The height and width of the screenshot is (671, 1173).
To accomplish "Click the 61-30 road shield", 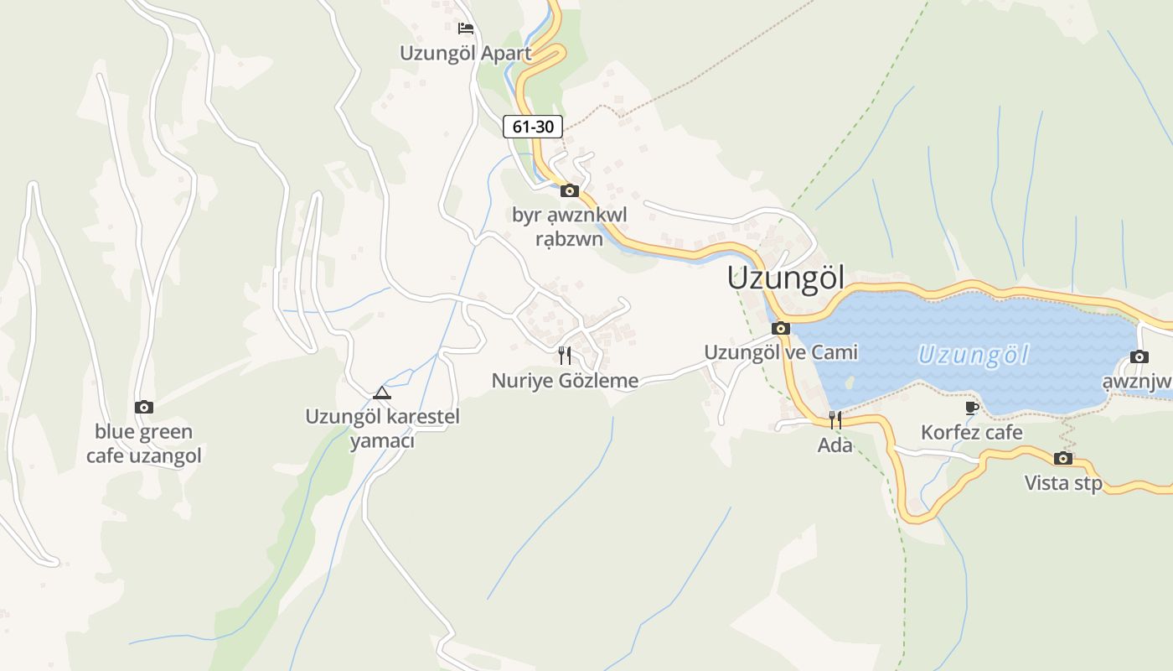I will [533, 127].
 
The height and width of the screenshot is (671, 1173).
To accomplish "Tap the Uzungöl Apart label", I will [465, 53].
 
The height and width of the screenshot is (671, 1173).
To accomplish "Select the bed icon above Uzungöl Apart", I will [466, 29].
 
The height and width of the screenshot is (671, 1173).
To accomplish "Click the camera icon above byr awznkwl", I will [570, 190].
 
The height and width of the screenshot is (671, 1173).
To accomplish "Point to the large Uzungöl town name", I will [786, 278].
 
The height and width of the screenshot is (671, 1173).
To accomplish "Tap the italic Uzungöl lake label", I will [973, 355].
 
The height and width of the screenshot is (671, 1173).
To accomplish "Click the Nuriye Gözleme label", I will [565, 381].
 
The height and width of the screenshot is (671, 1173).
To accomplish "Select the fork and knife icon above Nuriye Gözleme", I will [565, 356].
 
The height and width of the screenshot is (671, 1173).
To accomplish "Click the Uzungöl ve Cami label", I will [781, 352].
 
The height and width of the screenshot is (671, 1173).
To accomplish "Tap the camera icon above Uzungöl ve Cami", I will [781, 328].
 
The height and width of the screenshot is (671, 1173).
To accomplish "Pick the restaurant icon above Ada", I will [835, 420].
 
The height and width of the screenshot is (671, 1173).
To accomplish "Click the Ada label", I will [835, 445].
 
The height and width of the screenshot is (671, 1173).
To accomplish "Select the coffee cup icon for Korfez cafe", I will [972, 408].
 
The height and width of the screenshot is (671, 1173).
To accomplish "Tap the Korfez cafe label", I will [972, 433].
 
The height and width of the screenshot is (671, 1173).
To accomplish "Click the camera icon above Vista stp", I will [1063, 458].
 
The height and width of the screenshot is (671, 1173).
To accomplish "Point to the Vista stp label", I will [1063, 483].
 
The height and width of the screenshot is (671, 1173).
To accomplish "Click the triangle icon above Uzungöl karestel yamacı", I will [382, 392].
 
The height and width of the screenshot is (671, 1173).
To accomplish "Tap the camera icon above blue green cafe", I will [144, 407].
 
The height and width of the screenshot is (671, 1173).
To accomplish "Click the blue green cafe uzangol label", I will [144, 444].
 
